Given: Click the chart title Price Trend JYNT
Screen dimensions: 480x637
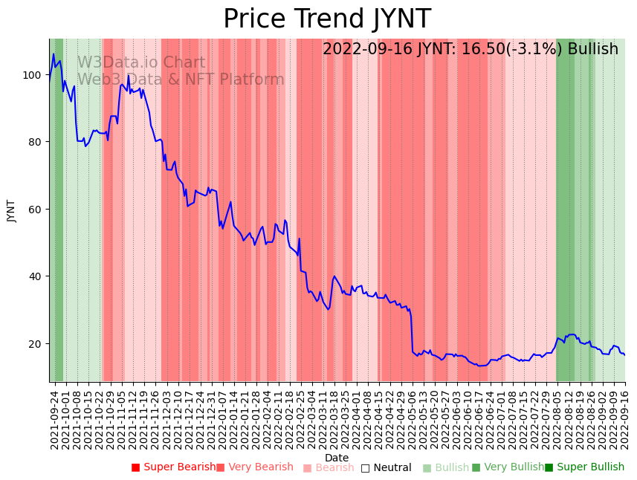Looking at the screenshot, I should (327, 19).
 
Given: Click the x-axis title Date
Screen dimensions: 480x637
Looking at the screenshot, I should (337, 458).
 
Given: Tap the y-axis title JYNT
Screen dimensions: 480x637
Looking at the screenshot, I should (11, 210).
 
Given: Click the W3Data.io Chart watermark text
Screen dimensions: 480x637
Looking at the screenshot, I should (141, 62).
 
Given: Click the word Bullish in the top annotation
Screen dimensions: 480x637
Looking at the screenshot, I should (592, 49).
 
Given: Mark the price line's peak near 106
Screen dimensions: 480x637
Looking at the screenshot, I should (54, 54).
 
